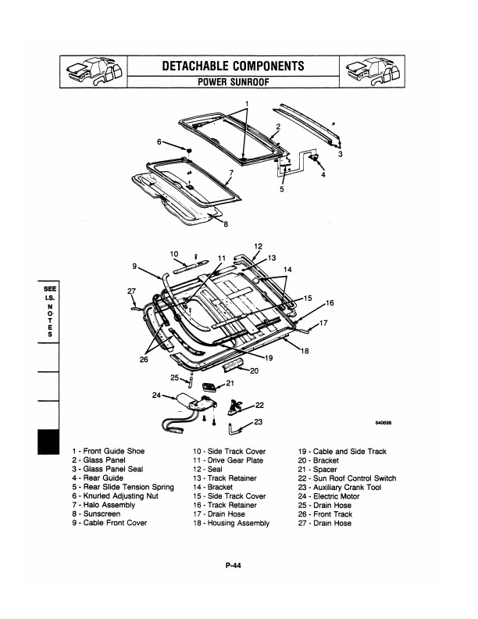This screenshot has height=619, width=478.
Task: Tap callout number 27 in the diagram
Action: point(130,291)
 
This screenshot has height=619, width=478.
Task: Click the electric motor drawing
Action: point(195,404)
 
